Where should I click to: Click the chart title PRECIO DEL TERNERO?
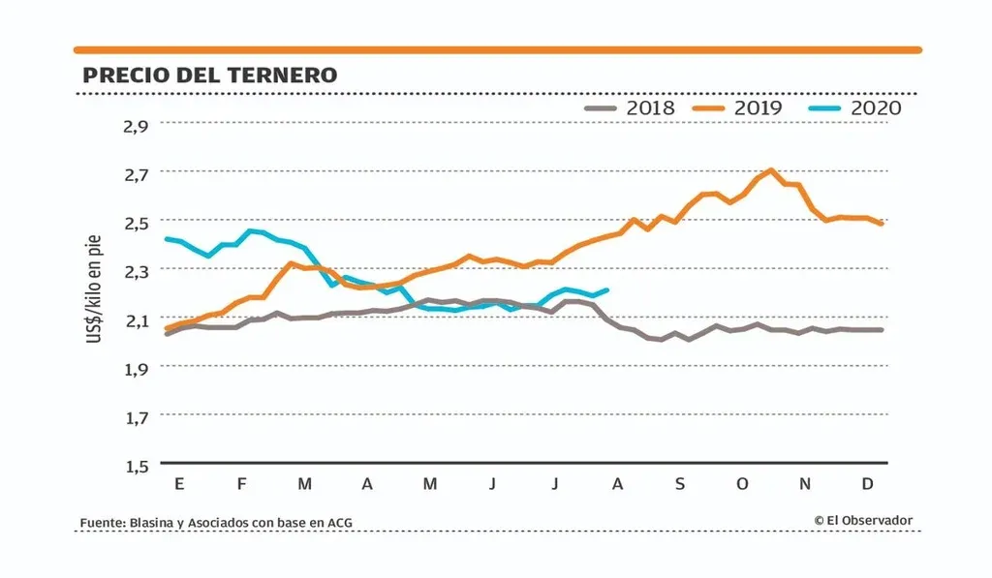[210, 75]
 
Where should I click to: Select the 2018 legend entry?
[630, 107]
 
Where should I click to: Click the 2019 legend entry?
[737, 107]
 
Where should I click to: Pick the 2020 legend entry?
[854, 107]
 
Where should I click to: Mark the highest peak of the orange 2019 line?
[770, 170]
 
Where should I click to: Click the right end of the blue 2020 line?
[606, 289]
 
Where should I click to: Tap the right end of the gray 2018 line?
[882, 330]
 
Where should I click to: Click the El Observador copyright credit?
[863, 521]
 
